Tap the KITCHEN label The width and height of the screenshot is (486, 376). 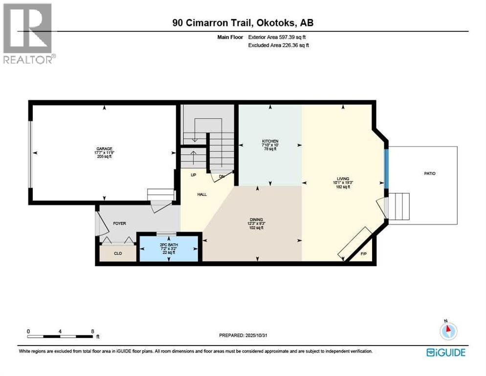click(x=270, y=141)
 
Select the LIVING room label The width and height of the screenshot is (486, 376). click(x=343, y=179)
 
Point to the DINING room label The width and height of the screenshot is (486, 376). click(x=257, y=220)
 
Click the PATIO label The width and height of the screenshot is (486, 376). click(x=430, y=173)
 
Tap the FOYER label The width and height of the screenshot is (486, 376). click(x=119, y=223)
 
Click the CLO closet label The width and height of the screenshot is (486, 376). click(x=117, y=254)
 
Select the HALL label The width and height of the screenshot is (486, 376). click(x=202, y=194)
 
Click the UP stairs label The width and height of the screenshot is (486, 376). click(x=186, y=174)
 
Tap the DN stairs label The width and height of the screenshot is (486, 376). click(x=221, y=176)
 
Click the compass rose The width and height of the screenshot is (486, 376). click(x=448, y=331)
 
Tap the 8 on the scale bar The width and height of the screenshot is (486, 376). click(x=92, y=331)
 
